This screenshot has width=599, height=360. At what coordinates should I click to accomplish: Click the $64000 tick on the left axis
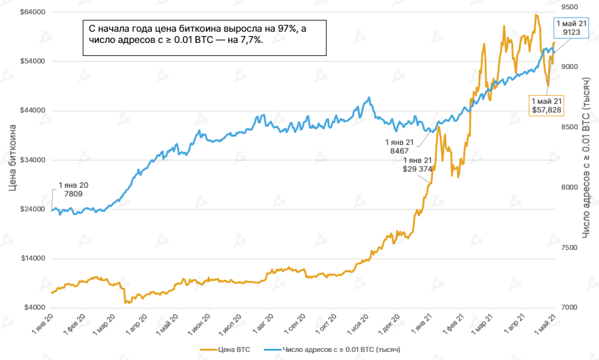click(32, 12)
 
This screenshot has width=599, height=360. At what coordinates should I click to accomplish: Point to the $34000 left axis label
click(32, 160)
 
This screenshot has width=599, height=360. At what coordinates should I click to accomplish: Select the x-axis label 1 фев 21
click(453, 323)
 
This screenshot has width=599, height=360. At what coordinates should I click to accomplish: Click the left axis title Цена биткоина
click(12, 158)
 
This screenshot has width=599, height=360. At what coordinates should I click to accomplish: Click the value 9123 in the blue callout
click(572, 32)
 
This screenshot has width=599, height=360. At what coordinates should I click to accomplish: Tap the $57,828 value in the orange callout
click(546, 110)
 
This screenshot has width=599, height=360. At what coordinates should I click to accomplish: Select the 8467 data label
click(399, 151)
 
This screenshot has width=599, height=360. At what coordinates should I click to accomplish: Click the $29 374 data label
click(417, 169)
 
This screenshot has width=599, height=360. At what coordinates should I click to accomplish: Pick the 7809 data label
click(73, 194)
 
